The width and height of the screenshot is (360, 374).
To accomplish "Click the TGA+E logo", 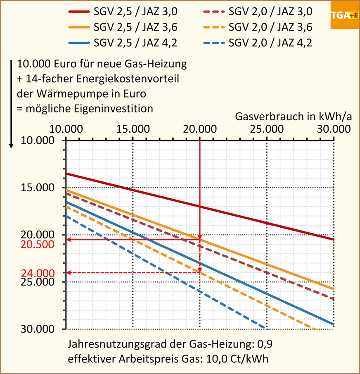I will point(344,15).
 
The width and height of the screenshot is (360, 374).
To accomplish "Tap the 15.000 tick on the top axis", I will point(133,129).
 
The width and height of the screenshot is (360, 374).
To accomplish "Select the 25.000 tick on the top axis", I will point(267,129).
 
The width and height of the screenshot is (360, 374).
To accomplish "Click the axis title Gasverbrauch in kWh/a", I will point(293,117).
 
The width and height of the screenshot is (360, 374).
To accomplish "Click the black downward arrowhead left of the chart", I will point(12,145).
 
